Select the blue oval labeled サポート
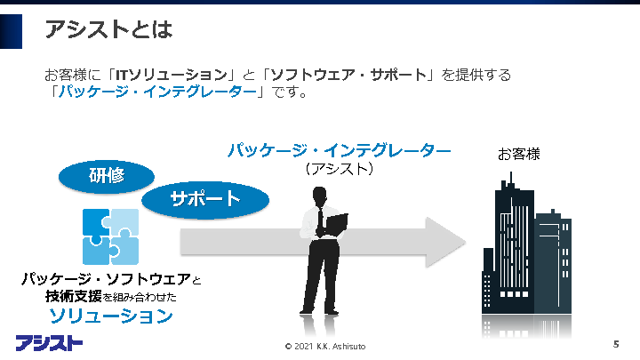point(205,198)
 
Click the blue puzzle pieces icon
point(110,236)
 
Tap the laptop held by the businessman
point(336,223)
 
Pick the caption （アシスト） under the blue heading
point(338,167)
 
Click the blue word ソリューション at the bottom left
point(110,316)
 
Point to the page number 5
point(616,343)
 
